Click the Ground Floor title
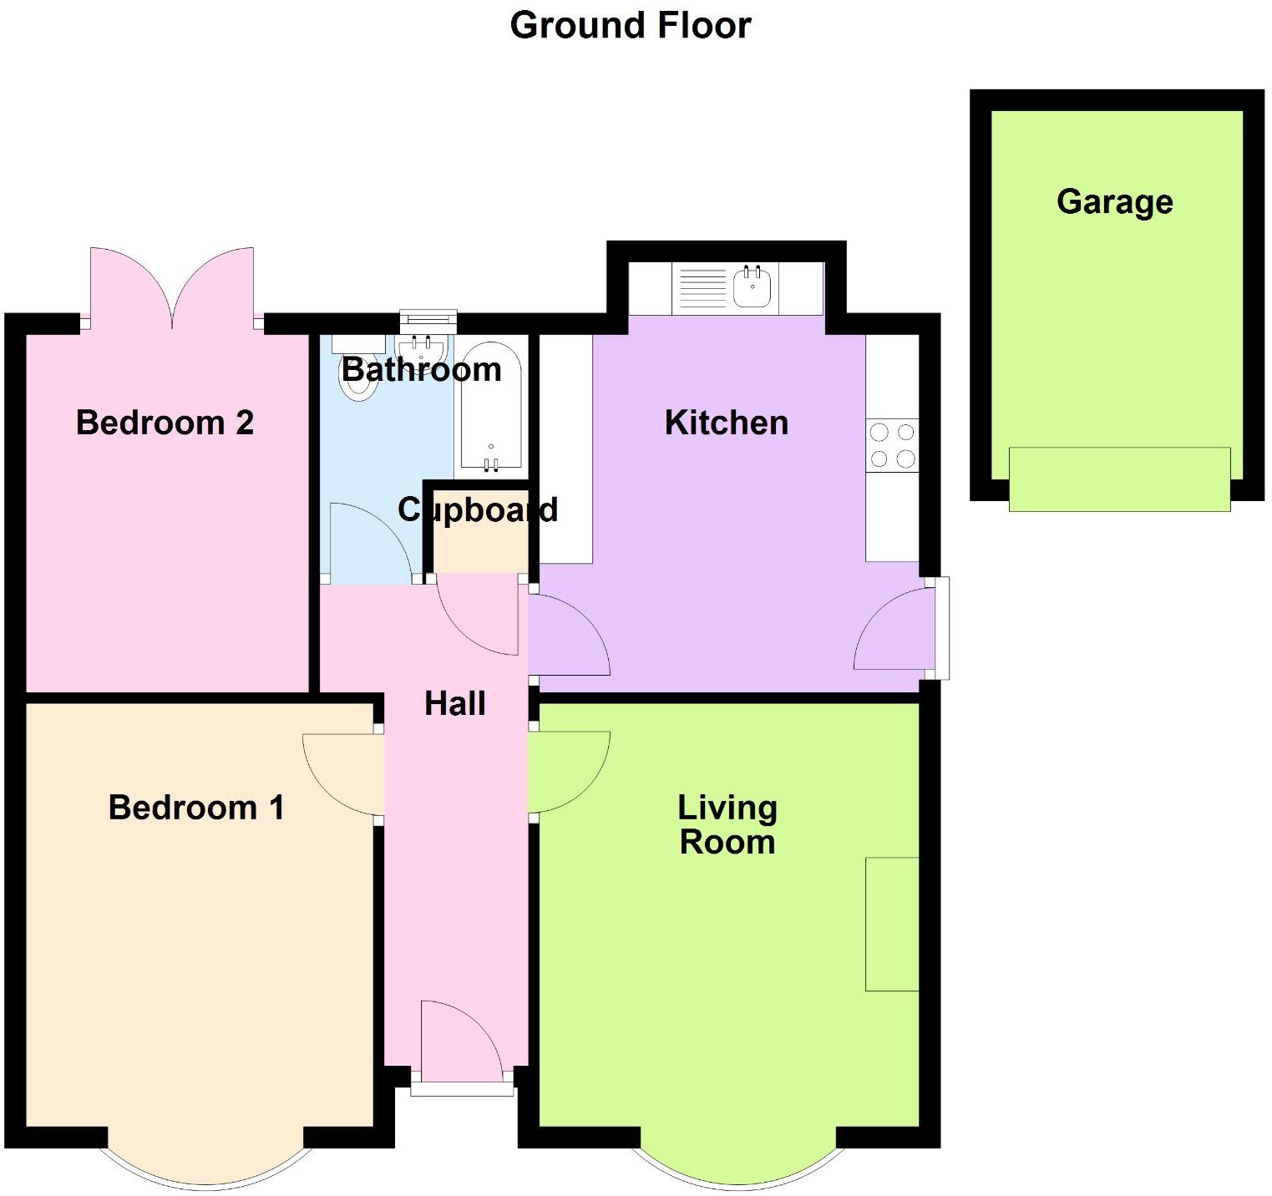pyautogui.click(x=631, y=25)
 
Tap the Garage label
pyautogui.click(x=1114, y=202)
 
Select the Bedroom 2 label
pyautogui.click(x=165, y=423)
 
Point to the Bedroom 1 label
pyautogui.click(x=196, y=808)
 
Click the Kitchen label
pyautogui.click(x=726, y=423)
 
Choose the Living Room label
pyautogui.click(x=727, y=825)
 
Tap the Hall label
pyautogui.click(x=455, y=704)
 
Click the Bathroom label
pyautogui.click(x=421, y=369)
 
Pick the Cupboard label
pyautogui.click(x=478, y=509)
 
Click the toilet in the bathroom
pyautogui.click(x=358, y=380)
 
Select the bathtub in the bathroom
pyautogui.click(x=491, y=407)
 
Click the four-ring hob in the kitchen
pyautogui.click(x=892, y=445)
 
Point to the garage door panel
pyautogui.click(x=1119, y=479)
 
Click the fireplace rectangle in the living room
pyautogui.click(x=892, y=924)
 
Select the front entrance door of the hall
pyautogui.click(x=462, y=1044)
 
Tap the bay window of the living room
pyautogui.click(x=738, y=1165)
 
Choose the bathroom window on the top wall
pyautogui.click(x=428, y=318)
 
